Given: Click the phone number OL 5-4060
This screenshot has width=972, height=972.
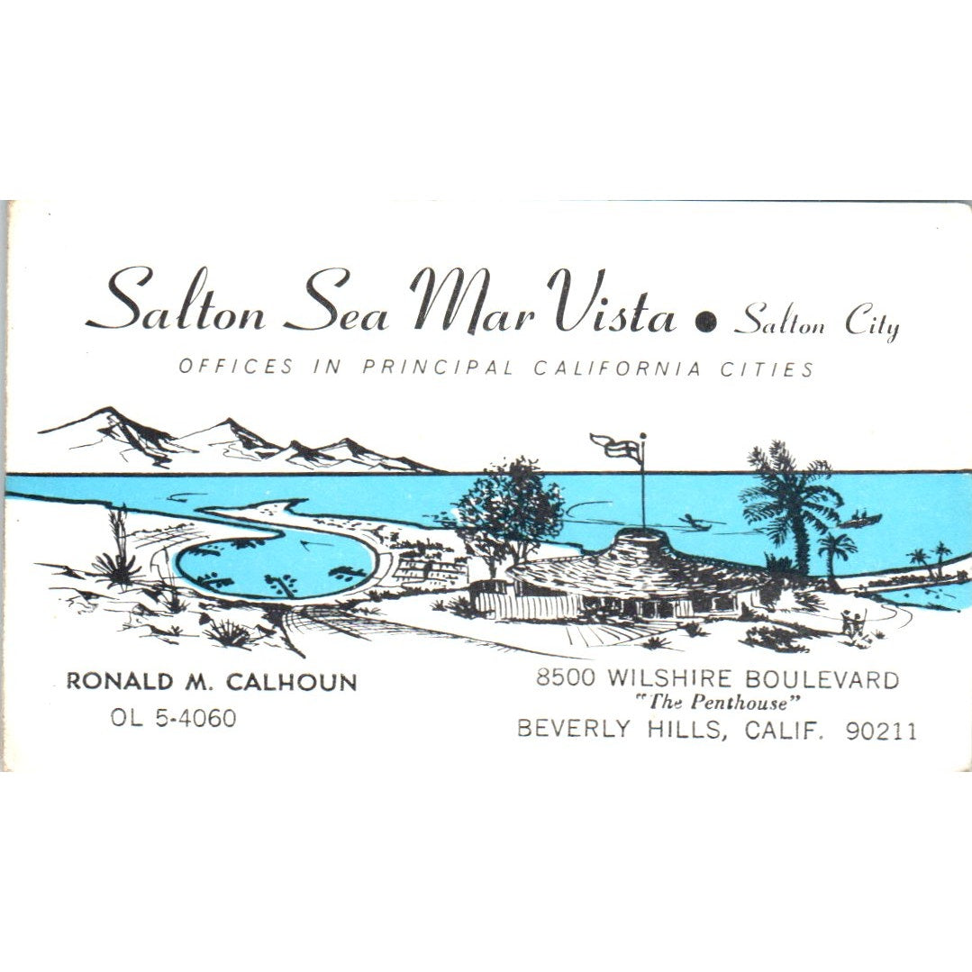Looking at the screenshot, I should (x=173, y=718).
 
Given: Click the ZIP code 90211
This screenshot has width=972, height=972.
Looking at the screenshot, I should (x=881, y=731).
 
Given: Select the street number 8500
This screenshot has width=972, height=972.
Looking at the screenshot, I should (x=565, y=678).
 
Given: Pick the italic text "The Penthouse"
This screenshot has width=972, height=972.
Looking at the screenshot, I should (x=718, y=704).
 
